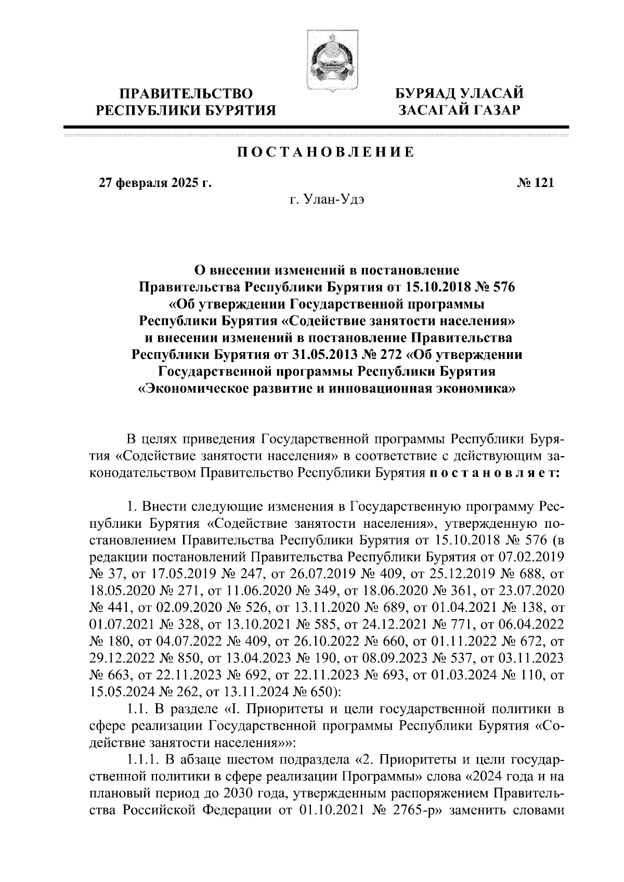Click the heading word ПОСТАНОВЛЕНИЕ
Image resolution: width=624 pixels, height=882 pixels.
click(326, 152)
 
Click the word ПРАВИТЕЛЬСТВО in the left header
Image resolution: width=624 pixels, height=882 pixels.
click(187, 94)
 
